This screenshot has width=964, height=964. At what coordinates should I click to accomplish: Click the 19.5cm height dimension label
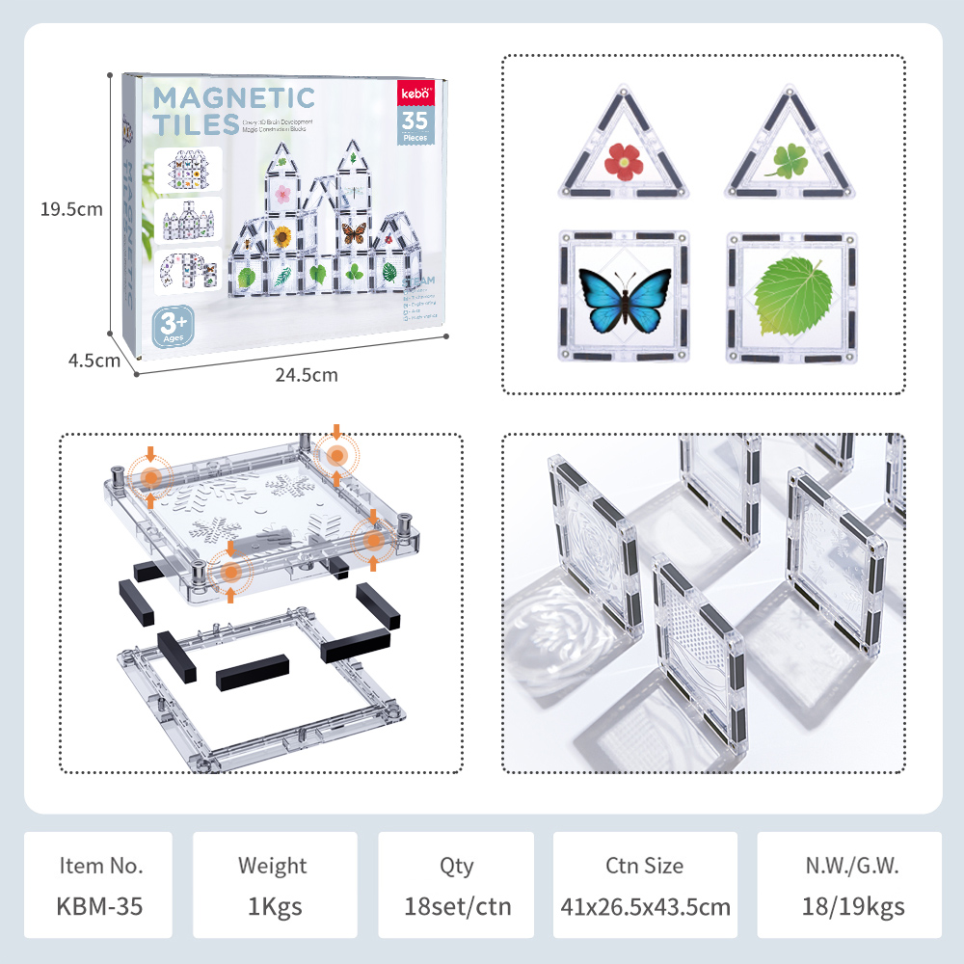point(71,208)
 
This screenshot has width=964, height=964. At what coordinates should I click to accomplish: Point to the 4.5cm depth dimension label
point(94,361)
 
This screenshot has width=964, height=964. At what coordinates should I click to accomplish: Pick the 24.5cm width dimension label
point(307,375)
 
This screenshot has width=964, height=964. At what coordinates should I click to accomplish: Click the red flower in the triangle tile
point(624,160)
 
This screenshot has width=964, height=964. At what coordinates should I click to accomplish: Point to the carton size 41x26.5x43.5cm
point(645,906)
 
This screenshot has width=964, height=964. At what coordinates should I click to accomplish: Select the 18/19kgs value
point(852,906)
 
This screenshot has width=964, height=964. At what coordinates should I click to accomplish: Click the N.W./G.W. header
point(852,865)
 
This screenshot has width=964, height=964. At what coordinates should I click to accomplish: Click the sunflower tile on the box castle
point(282,236)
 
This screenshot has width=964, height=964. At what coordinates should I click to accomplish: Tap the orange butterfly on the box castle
point(354,232)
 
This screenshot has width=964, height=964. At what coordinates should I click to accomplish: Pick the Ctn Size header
point(645,865)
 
